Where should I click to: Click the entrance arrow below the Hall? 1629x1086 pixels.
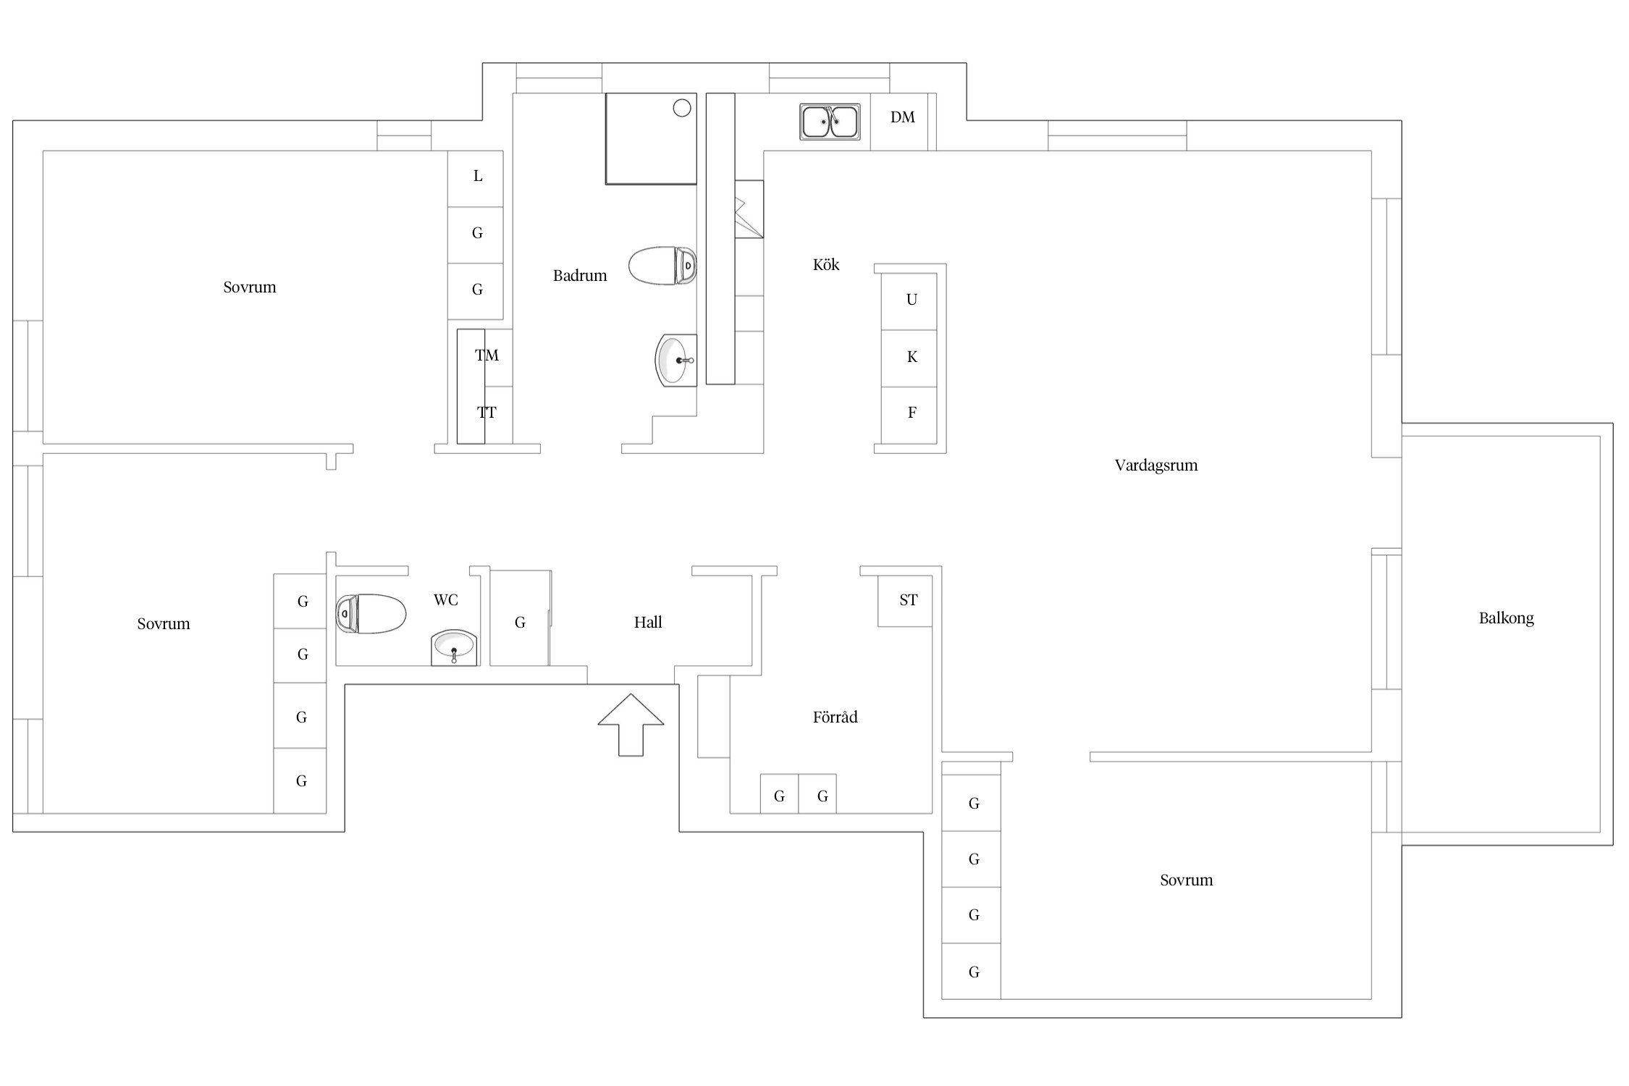pyautogui.click(x=631, y=725)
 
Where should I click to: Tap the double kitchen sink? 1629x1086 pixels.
pyautogui.click(x=830, y=122)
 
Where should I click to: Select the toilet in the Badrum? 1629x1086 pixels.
pyautogui.click(x=662, y=266)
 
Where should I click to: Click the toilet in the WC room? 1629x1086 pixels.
pyautogui.click(x=371, y=614)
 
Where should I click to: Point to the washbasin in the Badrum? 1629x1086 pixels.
pyautogui.click(x=676, y=360)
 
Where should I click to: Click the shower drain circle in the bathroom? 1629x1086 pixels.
pyautogui.click(x=682, y=108)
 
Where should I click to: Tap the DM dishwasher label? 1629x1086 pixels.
pyautogui.click(x=903, y=117)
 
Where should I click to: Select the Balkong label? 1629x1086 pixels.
pyautogui.click(x=1506, y=618)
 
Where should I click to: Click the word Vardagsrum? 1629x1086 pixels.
pyautogui.click(x=1156, y=466)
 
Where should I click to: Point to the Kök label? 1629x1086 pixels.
pyautogui.click(x=826, y=265)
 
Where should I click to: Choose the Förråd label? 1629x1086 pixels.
pyautogui.click(x=835, y=717)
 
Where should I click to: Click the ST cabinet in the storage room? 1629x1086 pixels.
pyautogui.click(x=905, y=601)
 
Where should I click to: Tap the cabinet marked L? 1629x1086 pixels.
pyautogui.click(x=475, y=179)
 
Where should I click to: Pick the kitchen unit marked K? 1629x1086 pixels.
pyautogui.click(x=909, y=358)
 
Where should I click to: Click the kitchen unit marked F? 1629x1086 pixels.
pyautogui.click(x=909, y=415)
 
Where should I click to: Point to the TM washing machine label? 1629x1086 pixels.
pyautogui.click(x=487, y=355)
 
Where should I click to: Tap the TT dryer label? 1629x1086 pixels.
pyautogui.click(x=487, y=413)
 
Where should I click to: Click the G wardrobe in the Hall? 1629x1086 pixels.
pyautogui.click(x=520, y=618)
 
